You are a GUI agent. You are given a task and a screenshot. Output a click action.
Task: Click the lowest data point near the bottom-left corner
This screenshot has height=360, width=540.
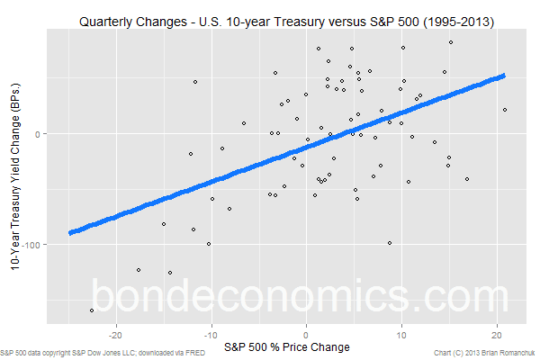coord(92,310)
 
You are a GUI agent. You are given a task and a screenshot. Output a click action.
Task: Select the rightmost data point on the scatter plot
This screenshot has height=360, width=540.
coord(505,110)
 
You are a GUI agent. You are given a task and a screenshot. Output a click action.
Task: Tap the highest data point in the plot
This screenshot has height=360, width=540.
coord(450,42)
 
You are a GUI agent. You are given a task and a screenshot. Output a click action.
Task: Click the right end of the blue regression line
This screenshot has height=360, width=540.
coord(503,76)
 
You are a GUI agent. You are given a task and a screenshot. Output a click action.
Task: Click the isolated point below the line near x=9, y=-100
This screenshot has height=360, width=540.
coord(390,242)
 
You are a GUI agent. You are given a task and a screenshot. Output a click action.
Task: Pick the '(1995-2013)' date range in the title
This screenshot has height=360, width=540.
coord(455,20)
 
